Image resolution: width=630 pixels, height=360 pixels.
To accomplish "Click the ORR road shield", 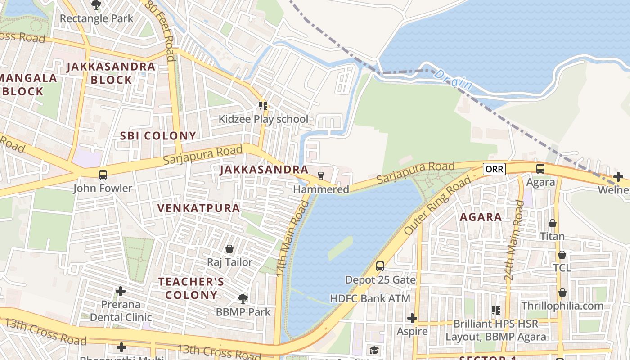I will (x=494, y=169).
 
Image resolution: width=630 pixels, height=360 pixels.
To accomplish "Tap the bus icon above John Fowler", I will (x=103, y=175).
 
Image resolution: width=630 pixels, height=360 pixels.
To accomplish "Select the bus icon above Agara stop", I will (x=540, y=169).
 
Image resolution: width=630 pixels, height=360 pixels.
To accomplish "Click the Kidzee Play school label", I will (x=263, y=119).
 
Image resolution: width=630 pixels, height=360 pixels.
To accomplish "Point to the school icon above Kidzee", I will (x=263, y=106).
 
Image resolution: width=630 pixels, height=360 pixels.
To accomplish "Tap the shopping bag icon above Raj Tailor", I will (x=229, y=249).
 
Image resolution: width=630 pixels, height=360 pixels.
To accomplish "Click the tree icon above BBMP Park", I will (x=243, y=298).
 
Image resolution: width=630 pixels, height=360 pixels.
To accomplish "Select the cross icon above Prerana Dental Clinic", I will (x=121, y=291).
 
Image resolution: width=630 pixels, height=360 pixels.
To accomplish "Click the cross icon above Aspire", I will (x=412, y=318).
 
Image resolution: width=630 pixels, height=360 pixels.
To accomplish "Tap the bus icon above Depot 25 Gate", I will (x=380, y=266).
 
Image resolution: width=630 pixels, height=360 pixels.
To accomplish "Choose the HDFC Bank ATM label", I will (x=370, y=298).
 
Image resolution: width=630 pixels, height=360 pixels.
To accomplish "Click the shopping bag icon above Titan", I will (x=553, y=223).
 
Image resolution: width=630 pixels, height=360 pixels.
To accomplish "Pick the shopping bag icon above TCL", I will (x=562, y=255).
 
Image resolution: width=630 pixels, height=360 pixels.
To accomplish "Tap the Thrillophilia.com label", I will (x=562, y=306).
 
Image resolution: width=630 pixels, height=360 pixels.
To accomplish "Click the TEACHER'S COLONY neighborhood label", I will (x=191, y=288).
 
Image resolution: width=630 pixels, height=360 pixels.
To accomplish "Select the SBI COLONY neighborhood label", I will (x=158, y=136).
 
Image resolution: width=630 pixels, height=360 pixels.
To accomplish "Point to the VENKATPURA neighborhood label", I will (x=198, y=208).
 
